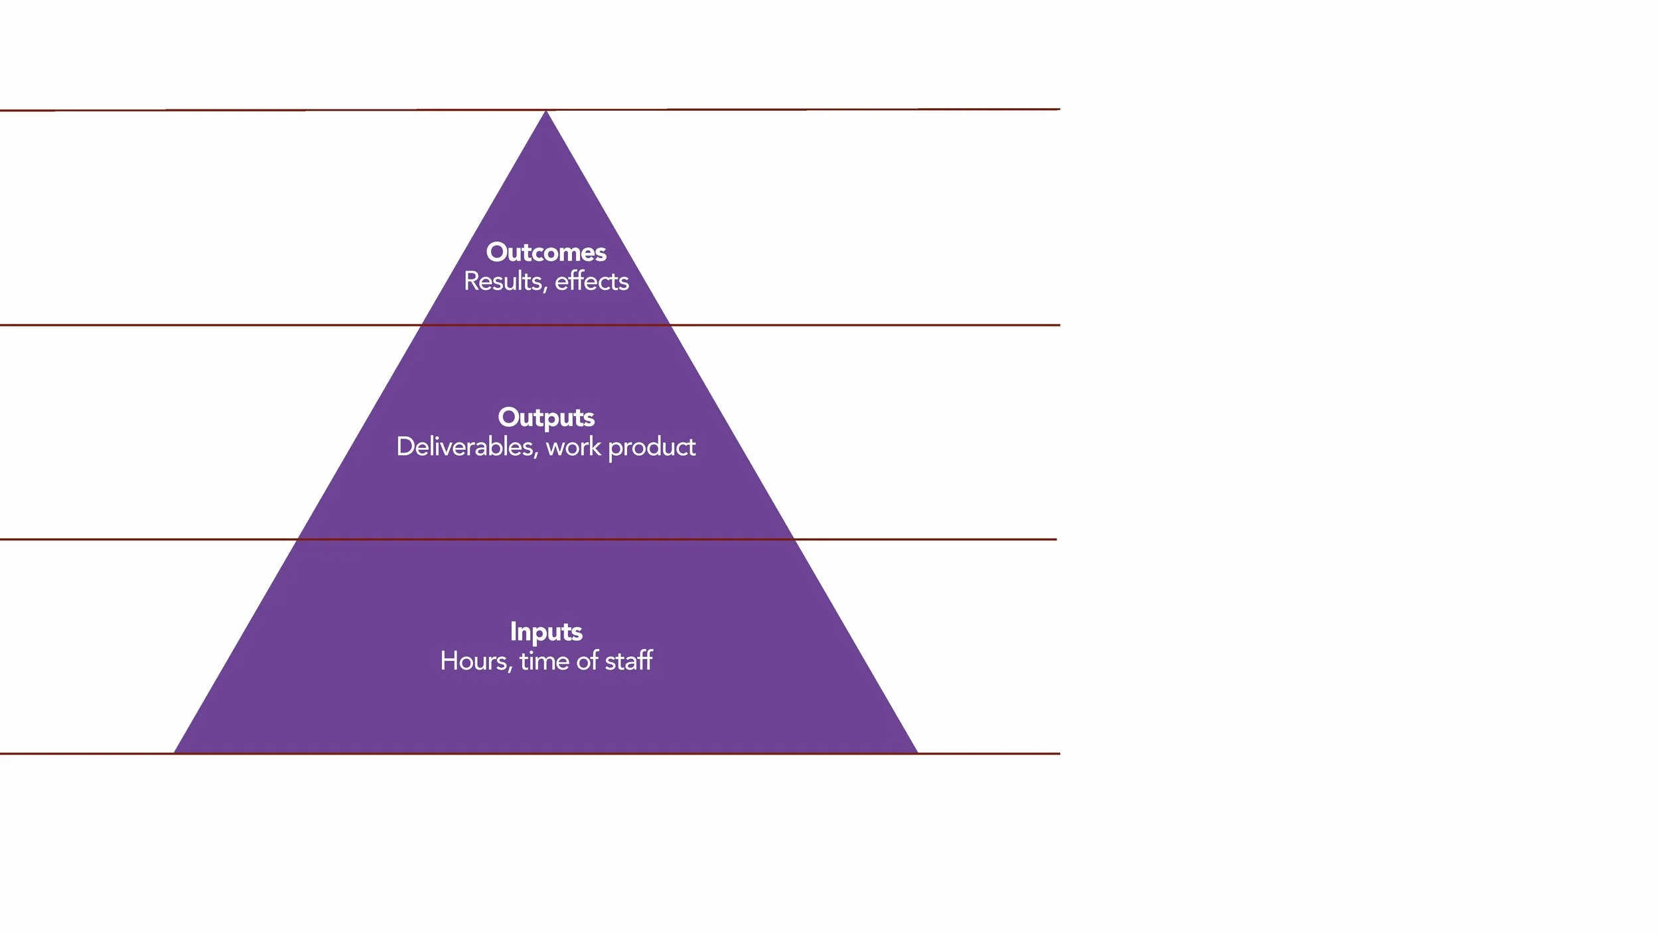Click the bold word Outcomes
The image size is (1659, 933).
click(x=546, y=252)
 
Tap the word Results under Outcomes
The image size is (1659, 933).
click(x=504, y=281)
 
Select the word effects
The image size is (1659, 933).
click(x=592, y=281)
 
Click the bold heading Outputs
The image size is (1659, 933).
click(x=546, y=417)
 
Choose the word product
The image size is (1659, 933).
click(x=652, y=448)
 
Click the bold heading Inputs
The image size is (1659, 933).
click(x=546, y=632)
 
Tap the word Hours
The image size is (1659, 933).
click(x=475, y=661)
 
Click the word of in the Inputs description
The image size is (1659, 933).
click(x=587, y=661)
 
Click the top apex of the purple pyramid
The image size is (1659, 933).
click(x=546, y=111)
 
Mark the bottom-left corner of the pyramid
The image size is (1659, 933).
click(x=175, y=753)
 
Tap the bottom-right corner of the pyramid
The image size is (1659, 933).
click(x=917, y=753)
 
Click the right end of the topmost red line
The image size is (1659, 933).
click(x=1059, y=109)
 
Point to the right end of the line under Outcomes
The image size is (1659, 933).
click(x=1059, y=325)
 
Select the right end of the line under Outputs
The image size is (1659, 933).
click(x=1056, y=539)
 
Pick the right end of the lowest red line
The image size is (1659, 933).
click(x=1059, y=754)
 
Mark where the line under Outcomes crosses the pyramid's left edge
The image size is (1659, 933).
click(x=422, y=325)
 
